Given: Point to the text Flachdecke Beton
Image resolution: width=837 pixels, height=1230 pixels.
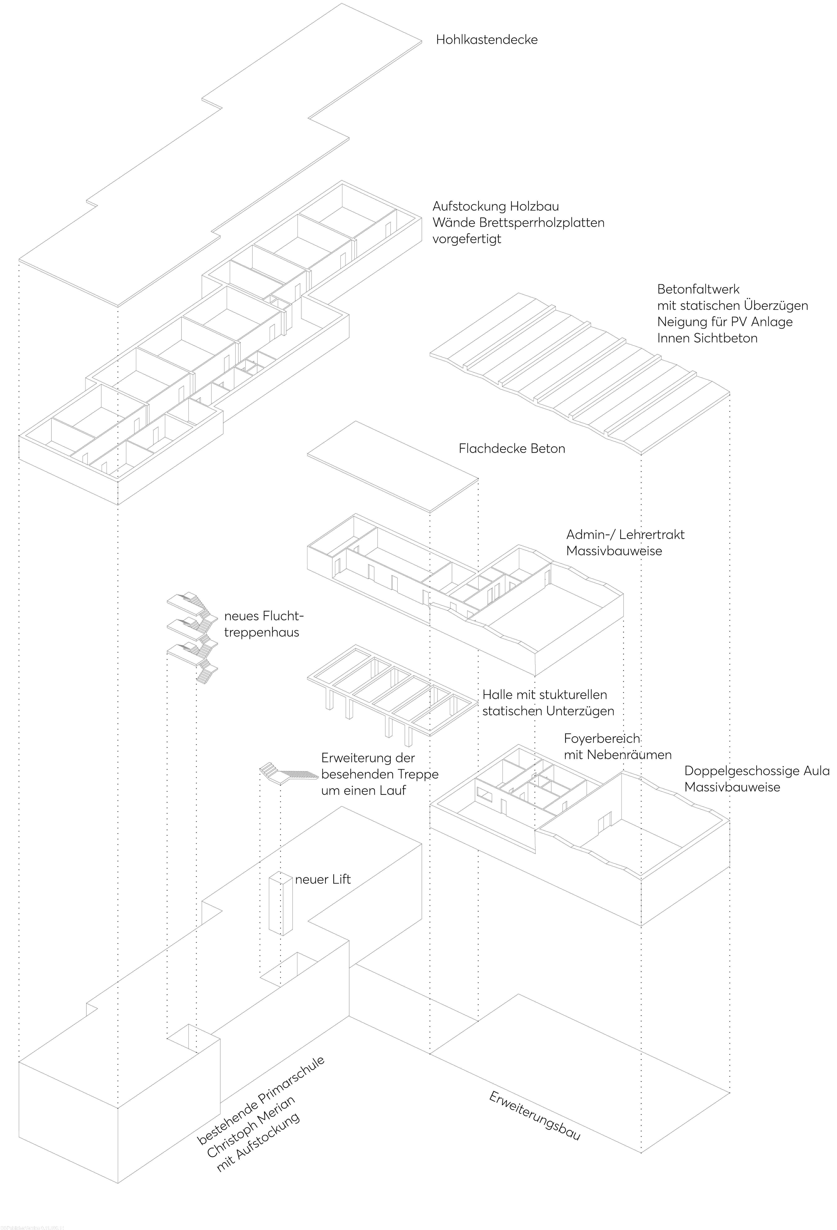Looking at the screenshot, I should pyautogui.click(x=512, y=449).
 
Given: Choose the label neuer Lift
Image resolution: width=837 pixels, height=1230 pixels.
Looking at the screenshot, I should pyautogui.click(x=323, y=880).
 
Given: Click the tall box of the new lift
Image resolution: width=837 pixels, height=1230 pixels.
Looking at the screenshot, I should pyautogui.click(x=280, y=905).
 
